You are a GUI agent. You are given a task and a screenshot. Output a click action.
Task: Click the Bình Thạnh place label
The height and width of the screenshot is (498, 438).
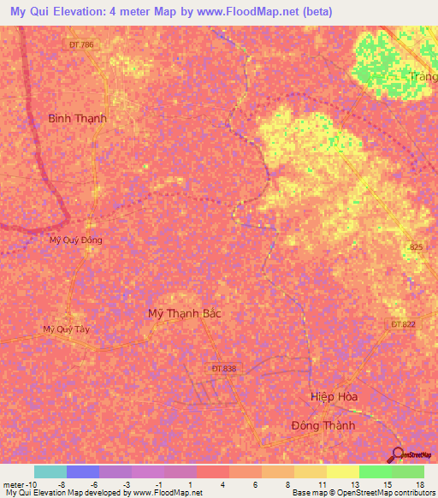coord(78,118)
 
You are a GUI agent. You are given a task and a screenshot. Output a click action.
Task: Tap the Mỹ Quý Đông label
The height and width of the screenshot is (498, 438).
coord(75,240)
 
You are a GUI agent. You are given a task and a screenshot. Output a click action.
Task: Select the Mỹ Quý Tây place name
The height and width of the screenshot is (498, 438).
coord(66,329)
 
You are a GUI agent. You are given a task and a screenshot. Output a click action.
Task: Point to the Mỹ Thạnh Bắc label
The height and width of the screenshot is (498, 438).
coord(185,313)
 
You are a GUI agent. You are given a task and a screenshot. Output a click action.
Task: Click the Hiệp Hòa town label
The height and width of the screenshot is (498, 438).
coord(334,396)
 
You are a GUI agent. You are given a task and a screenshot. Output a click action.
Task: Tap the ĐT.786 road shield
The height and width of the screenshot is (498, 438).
coord(82,44)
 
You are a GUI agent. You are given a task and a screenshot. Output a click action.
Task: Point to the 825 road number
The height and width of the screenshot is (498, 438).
coord(415,247)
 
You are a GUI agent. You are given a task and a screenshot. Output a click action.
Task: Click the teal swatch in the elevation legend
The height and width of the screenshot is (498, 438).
coord(50,471)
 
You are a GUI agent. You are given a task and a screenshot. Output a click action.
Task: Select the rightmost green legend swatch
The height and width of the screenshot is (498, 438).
coord(408,471)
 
